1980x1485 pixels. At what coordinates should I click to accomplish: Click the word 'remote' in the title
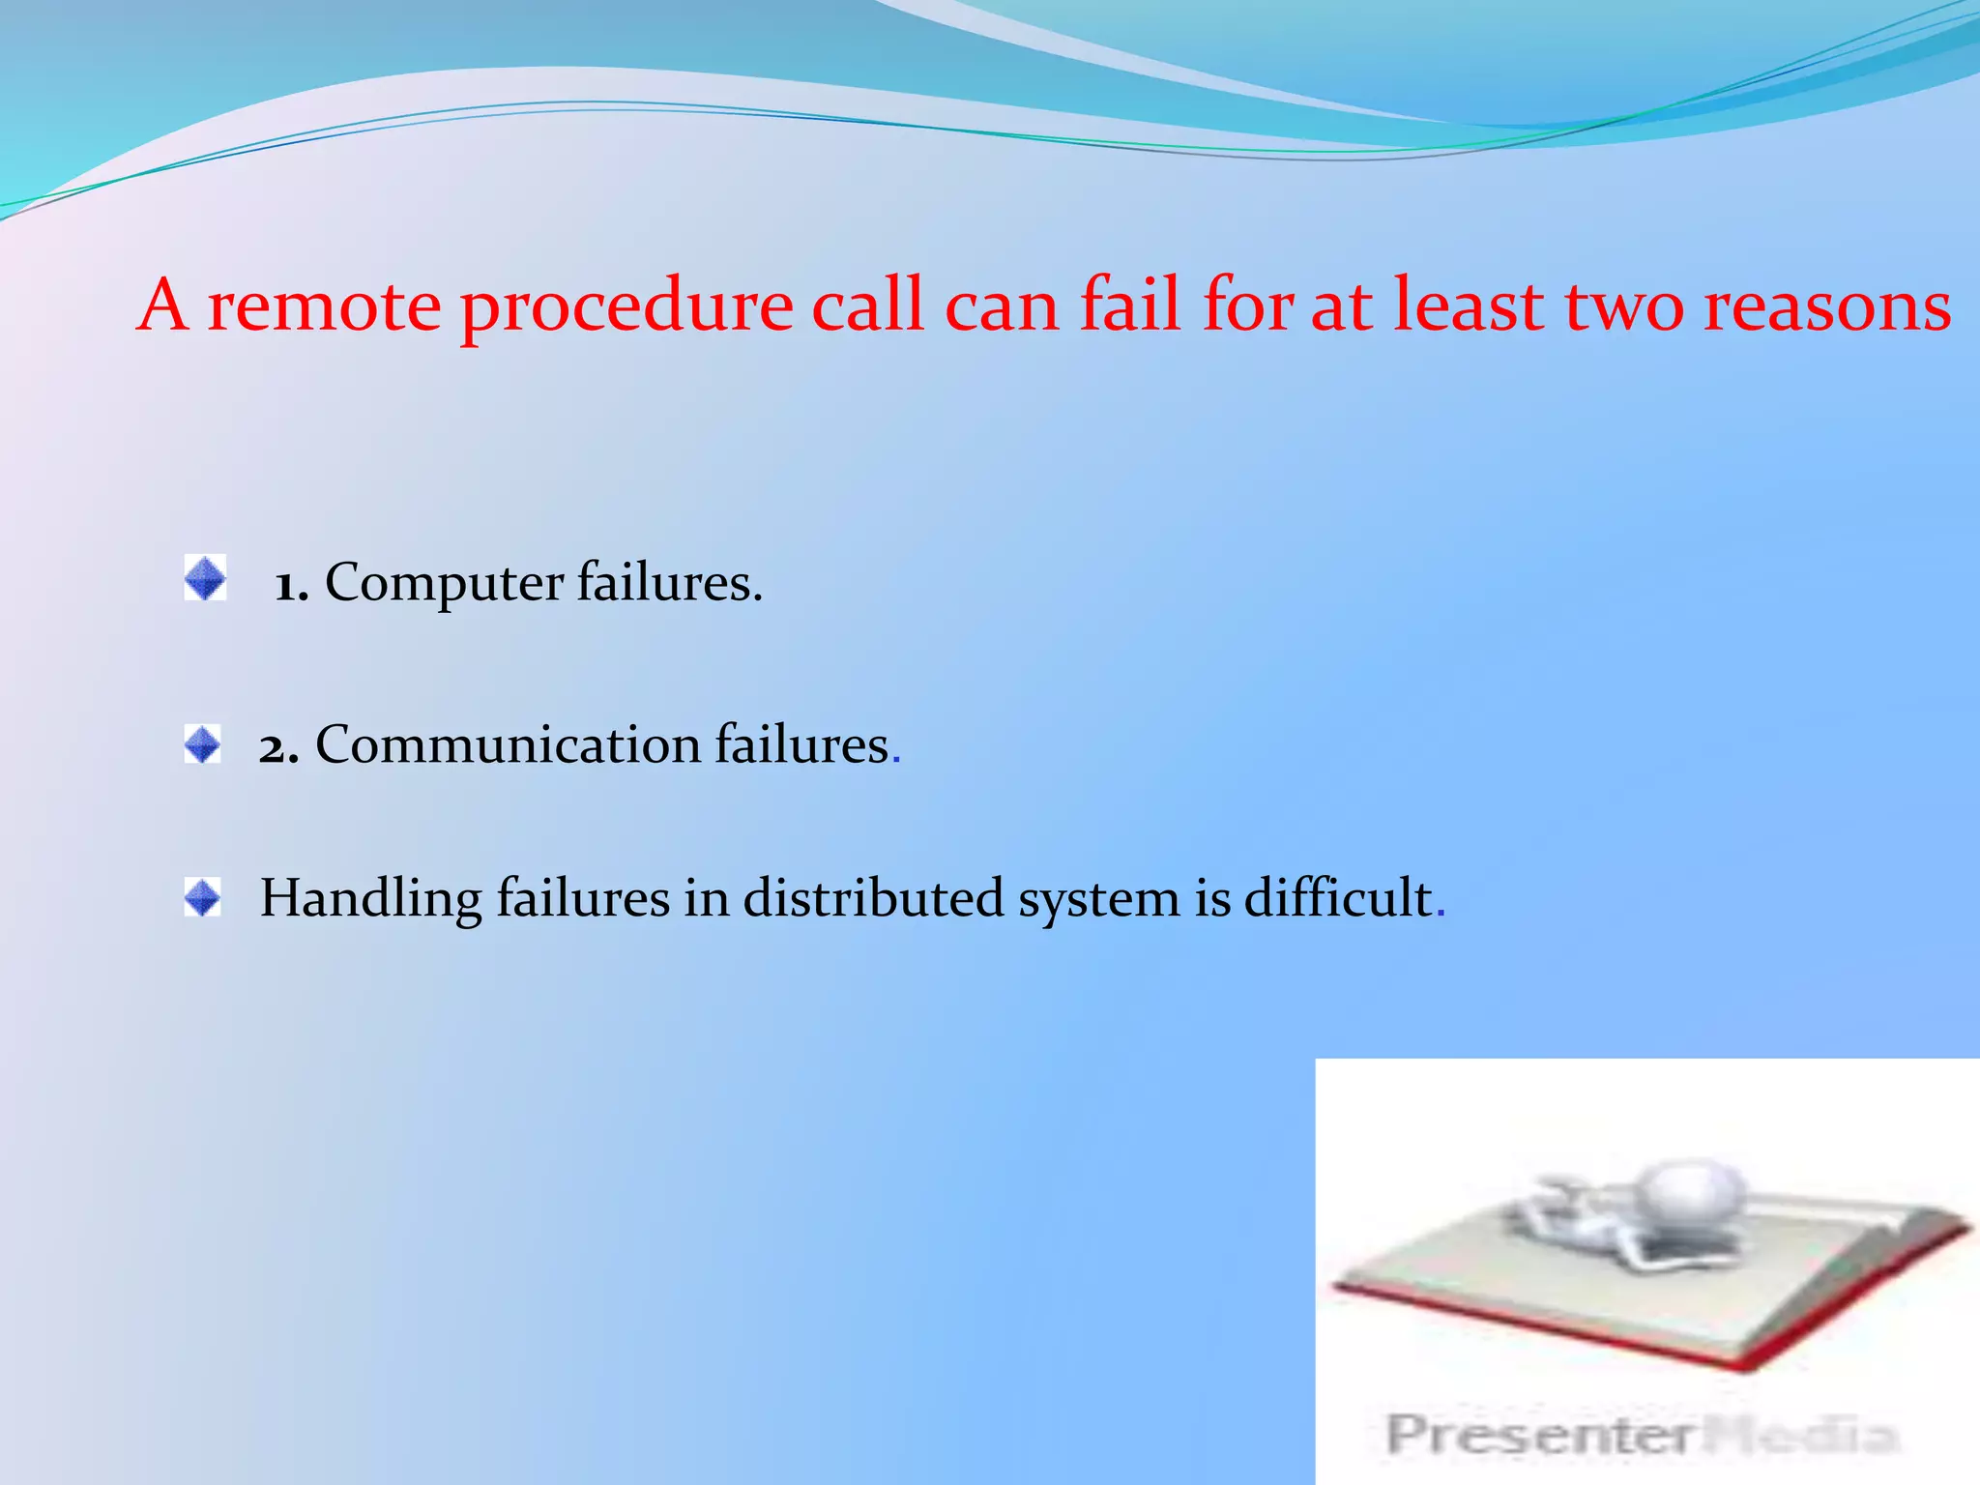point(324,306)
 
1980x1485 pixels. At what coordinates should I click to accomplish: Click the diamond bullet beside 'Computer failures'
point(205,578)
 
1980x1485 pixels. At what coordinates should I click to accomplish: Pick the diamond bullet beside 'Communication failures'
point(203,744)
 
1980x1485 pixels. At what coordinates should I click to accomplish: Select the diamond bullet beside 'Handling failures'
point(203,898)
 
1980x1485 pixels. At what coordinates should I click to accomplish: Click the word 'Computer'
point(444,584)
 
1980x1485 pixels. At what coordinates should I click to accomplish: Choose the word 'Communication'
point(508,745)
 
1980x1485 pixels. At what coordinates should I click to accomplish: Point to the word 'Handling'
point(370,900)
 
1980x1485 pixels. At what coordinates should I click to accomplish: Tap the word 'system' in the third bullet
point(1098,900)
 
